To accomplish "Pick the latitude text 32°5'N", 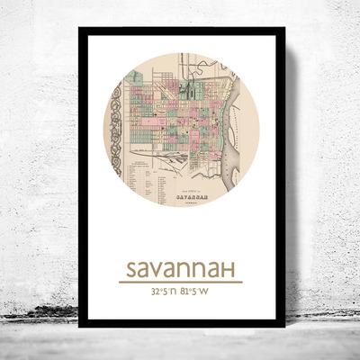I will coord(157,292).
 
